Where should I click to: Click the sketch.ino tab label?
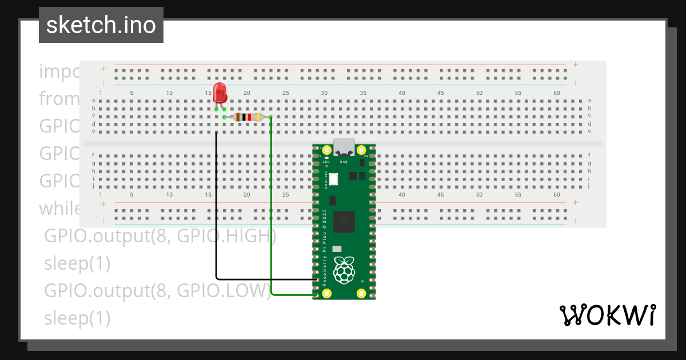(101, 25)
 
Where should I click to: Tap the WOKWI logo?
(607, 315)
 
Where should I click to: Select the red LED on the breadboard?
(220, 93)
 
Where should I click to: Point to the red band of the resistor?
(249, 117)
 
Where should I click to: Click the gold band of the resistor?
(259, 117)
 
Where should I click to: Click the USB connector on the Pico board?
(344, 147)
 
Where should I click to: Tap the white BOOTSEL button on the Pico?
(333, 179)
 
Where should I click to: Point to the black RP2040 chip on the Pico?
(344, 221)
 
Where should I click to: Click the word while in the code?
(59, 208)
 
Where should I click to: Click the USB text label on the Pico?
(344, 162)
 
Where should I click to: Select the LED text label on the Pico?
(326, 162)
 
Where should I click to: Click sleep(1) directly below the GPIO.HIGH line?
(77, 263)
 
